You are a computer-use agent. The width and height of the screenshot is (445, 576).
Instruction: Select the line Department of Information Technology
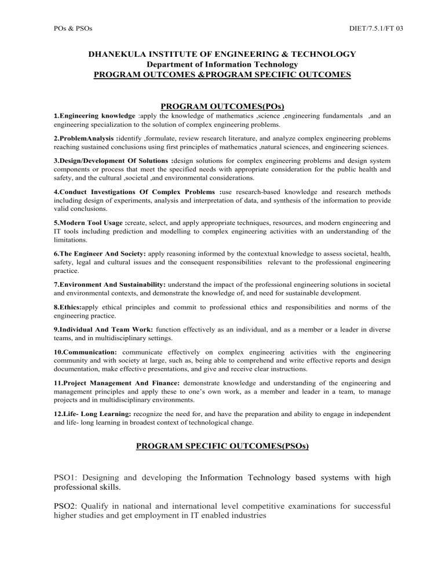click(222, 64)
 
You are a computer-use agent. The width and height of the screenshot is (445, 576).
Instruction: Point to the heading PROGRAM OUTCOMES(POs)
click(222, 106)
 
